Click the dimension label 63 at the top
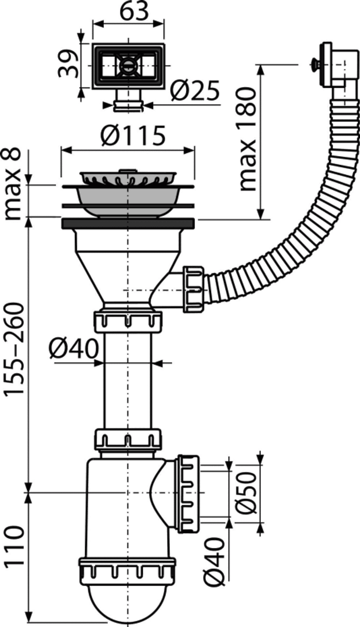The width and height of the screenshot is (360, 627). coord(134,11)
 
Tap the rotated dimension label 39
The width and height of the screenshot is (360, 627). coord(68,64)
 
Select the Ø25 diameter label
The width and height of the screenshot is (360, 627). coord(195,90)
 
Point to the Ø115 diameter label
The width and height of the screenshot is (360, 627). coord(134,135)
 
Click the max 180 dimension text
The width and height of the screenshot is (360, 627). coord(248,139)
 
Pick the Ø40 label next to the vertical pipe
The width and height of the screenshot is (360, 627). coord(74,349)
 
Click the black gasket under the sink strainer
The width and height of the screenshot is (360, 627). coord(128,224)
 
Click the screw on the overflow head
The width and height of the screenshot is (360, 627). coord(315,65)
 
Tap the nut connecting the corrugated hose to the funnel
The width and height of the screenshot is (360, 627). coord(193,289)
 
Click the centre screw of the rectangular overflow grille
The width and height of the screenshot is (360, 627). coord(128,66)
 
